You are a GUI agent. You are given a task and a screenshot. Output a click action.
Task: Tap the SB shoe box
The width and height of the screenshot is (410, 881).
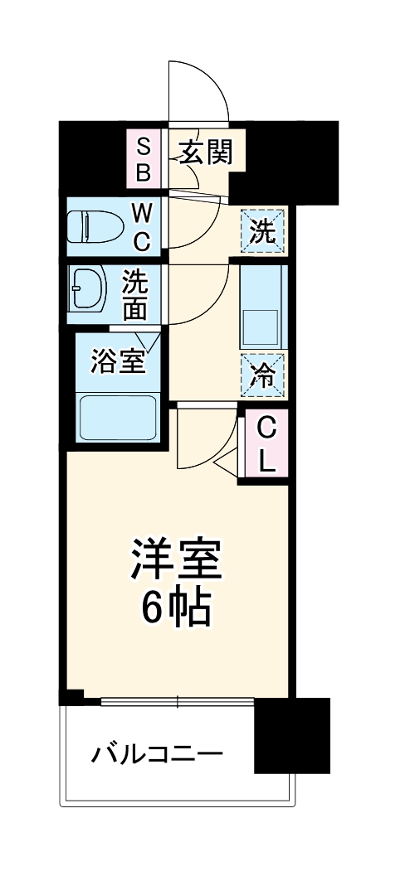pyautogui.click(x=144, y=159)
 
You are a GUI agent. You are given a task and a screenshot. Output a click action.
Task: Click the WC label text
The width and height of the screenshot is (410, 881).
pyautogui.click(x=142, y=229)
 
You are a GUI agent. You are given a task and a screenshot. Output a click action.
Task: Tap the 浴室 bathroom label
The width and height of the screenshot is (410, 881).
pyautogui.click(x=117, y=362)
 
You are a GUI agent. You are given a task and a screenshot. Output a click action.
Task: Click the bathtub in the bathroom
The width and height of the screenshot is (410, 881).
pyautogui.click(x=119, y=418)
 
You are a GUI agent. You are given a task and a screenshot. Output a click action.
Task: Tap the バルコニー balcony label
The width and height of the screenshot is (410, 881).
pyautogui.click(x=157, y=755)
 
